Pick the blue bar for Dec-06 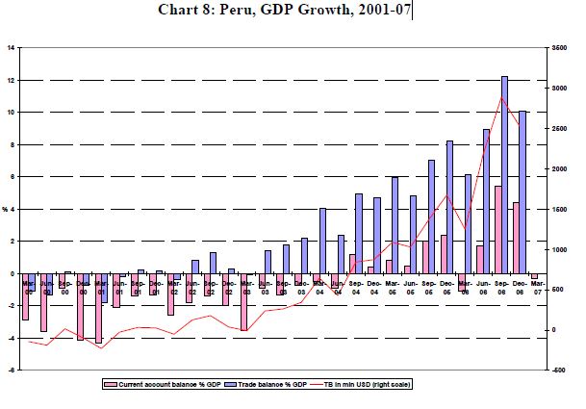[x=522, y=192]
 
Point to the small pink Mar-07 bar [x=534, y=277]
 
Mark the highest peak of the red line [x=501, y=97]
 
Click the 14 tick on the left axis [x=11, y=47]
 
